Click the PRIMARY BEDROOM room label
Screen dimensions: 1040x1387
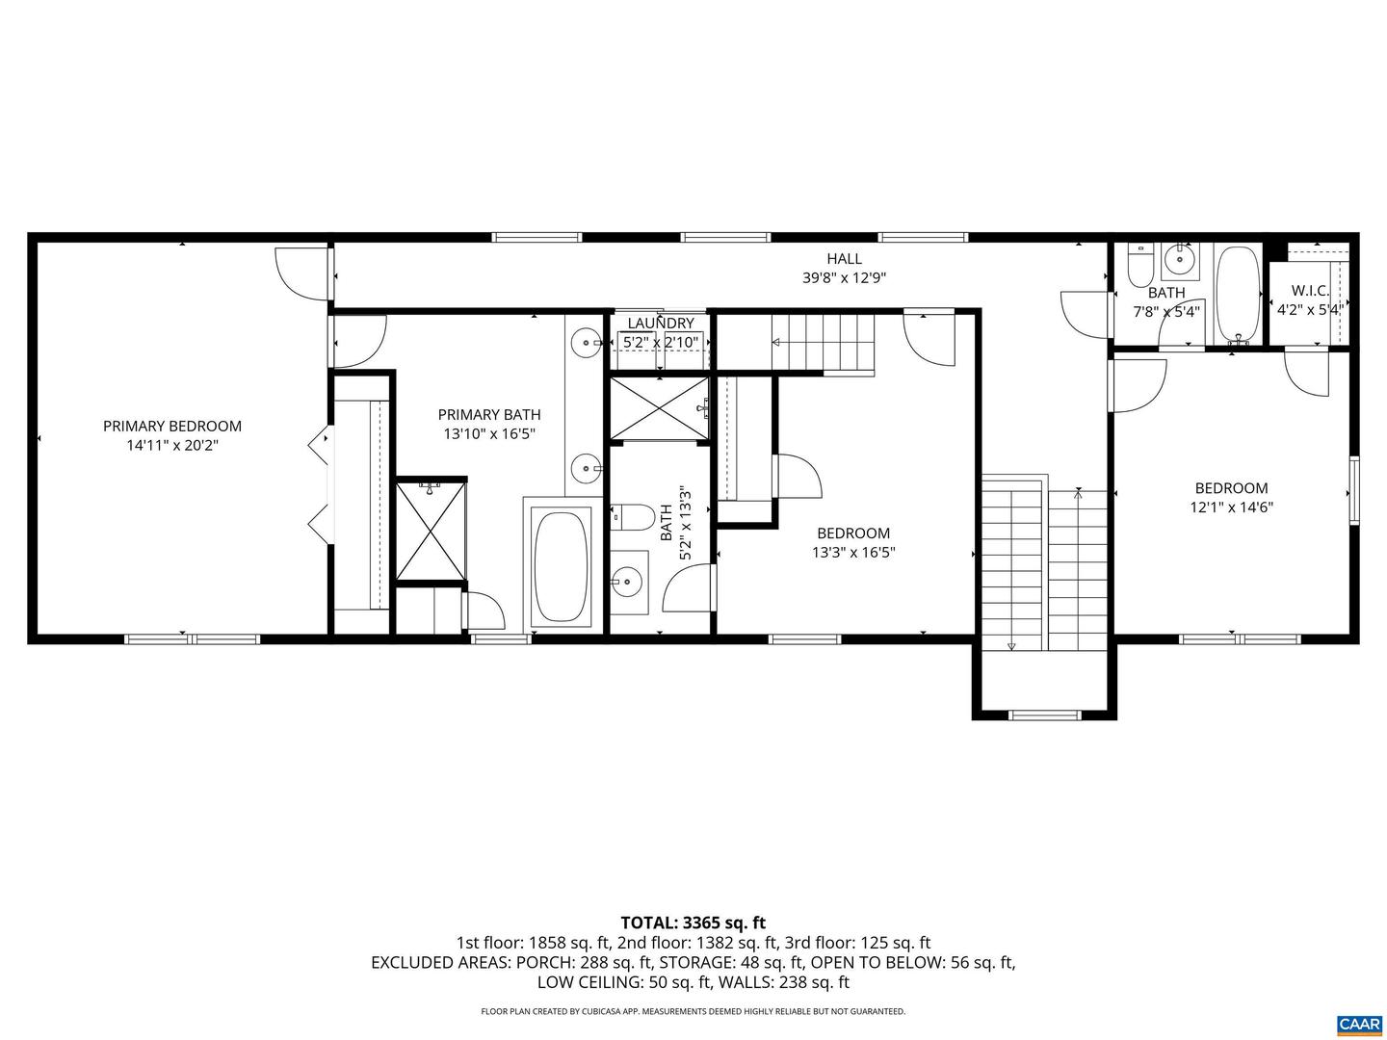(172, 426)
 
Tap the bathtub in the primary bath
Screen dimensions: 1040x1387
(562, 566)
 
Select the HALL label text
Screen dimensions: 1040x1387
(844, 258)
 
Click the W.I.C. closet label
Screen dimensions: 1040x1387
(1310, 290)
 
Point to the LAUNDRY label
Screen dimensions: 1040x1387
(661, 324)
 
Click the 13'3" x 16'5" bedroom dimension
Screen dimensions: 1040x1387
(853, 553)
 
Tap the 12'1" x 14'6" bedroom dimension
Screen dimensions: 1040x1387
(1231, 507)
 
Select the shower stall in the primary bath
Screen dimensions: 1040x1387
(431, 531)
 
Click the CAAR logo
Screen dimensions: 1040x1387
(1358, 1023)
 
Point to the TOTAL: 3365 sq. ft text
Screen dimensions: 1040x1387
(693, 923)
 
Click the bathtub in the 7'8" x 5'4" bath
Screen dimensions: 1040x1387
(1238, 294)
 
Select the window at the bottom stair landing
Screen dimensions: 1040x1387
(1045, 715)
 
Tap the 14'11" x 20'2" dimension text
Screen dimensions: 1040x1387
(172, 445)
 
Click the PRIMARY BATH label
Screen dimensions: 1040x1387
(489, 414)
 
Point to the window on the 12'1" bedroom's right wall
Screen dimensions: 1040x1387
(1353, 490)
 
